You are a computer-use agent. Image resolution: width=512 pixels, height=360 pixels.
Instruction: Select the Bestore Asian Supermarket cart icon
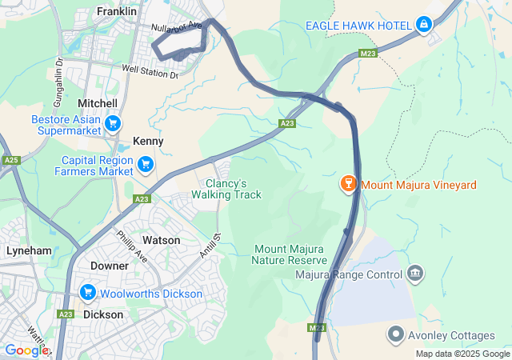coord(114,123)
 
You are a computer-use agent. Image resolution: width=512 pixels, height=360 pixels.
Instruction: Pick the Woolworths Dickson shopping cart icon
coord(87,294)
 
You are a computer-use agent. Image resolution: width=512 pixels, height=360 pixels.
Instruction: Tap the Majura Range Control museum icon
coord(415,275)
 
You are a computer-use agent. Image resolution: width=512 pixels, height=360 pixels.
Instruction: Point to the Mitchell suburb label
coord(98,104)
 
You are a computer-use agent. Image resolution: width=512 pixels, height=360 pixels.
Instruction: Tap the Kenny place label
coord(148,141)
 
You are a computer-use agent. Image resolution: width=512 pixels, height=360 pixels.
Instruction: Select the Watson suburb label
coord(161,240)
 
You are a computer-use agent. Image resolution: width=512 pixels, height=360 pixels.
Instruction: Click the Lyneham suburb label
coord(29,250)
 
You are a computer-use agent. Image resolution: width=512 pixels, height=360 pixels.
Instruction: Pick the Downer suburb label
coord(110,266)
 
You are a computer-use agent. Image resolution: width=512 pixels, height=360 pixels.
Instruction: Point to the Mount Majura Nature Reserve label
coord(289,254)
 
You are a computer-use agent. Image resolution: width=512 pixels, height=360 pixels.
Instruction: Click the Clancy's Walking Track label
coord(226,189)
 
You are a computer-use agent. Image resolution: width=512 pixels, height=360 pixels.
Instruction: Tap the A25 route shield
coord(11,161)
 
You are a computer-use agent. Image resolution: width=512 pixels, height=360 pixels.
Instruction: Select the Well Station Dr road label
coord(150,72)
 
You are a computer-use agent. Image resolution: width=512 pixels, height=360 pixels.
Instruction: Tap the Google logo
coord(26,350)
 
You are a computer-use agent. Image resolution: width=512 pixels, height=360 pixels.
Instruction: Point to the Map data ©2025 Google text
coord(462,354)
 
